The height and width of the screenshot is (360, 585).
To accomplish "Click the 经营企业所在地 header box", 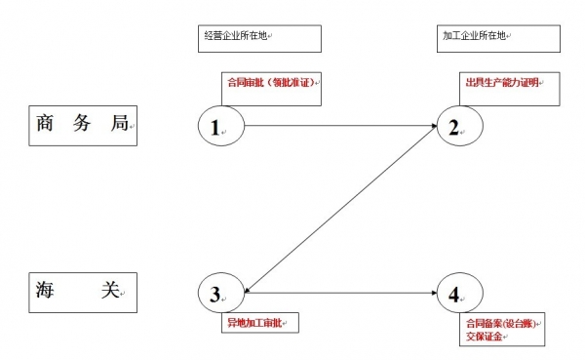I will tap(259, 38).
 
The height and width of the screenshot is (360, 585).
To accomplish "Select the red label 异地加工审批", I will tap(255, 321).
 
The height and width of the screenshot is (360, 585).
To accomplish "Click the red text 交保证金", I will tap(484, 336).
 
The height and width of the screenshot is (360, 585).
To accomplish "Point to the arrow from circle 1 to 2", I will tap(341, 126).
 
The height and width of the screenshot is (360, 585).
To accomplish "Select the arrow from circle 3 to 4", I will tap(341, 292).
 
